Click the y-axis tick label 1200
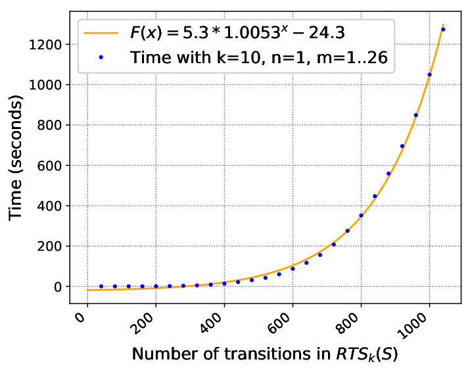click(45, 45)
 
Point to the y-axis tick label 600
click(49, 166)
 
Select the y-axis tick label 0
click(58, 287)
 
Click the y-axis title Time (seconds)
click(15, 158)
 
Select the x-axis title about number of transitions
click(265, 354)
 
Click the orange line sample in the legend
click(101, 32)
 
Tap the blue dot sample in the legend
click(101, 57)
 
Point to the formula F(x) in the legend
click(237, 32)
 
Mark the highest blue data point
click(443, 30)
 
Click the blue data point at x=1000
click(429, 74)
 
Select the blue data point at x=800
click(361, 215)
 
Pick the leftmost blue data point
click(101, 286)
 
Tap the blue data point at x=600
click(293, 269)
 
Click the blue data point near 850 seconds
click(416, 115)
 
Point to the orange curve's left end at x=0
click(87, 290)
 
